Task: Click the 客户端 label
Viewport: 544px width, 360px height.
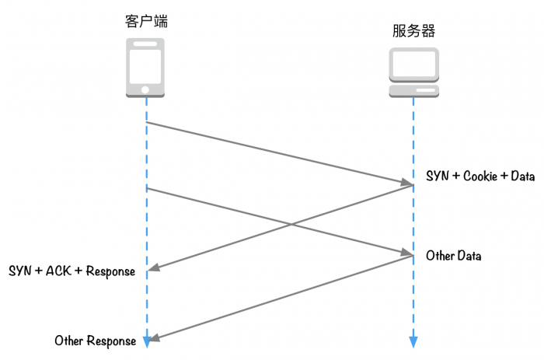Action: pyautogui.click(x=146, y=21)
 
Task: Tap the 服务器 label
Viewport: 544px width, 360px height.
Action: pyautogui.click(x=413, y=31)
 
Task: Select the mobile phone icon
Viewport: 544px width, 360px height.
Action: pyautogui.click(x=146, y=69)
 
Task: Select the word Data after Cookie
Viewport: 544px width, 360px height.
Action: pyautogui.click(x=523, y=177)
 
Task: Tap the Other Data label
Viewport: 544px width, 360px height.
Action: pyautogui.click(x=453, y=256)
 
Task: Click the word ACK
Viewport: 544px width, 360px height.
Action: pyautogui.click(x=59, y=271)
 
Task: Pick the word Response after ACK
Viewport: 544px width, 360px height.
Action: pyautogui.click(x=110, y=271)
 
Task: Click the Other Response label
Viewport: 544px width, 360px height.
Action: pyautogui.click(x=95, y=341)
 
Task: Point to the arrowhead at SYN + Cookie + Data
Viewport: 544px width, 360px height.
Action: pyautogui.click(x=408, y=183)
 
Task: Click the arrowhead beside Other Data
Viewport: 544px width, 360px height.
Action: pyautogui.click(x=408, y=253)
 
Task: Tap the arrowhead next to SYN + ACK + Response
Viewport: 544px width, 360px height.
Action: pyautogui.click(x=153, y=269)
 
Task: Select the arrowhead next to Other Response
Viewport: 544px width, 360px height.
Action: pyautogui.click(x=153, y=339)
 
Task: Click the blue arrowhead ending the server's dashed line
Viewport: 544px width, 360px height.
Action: pyautogui.click(x=413, y=342)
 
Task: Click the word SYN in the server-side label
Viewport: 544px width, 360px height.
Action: pyautogui.click(x=437, y=177)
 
